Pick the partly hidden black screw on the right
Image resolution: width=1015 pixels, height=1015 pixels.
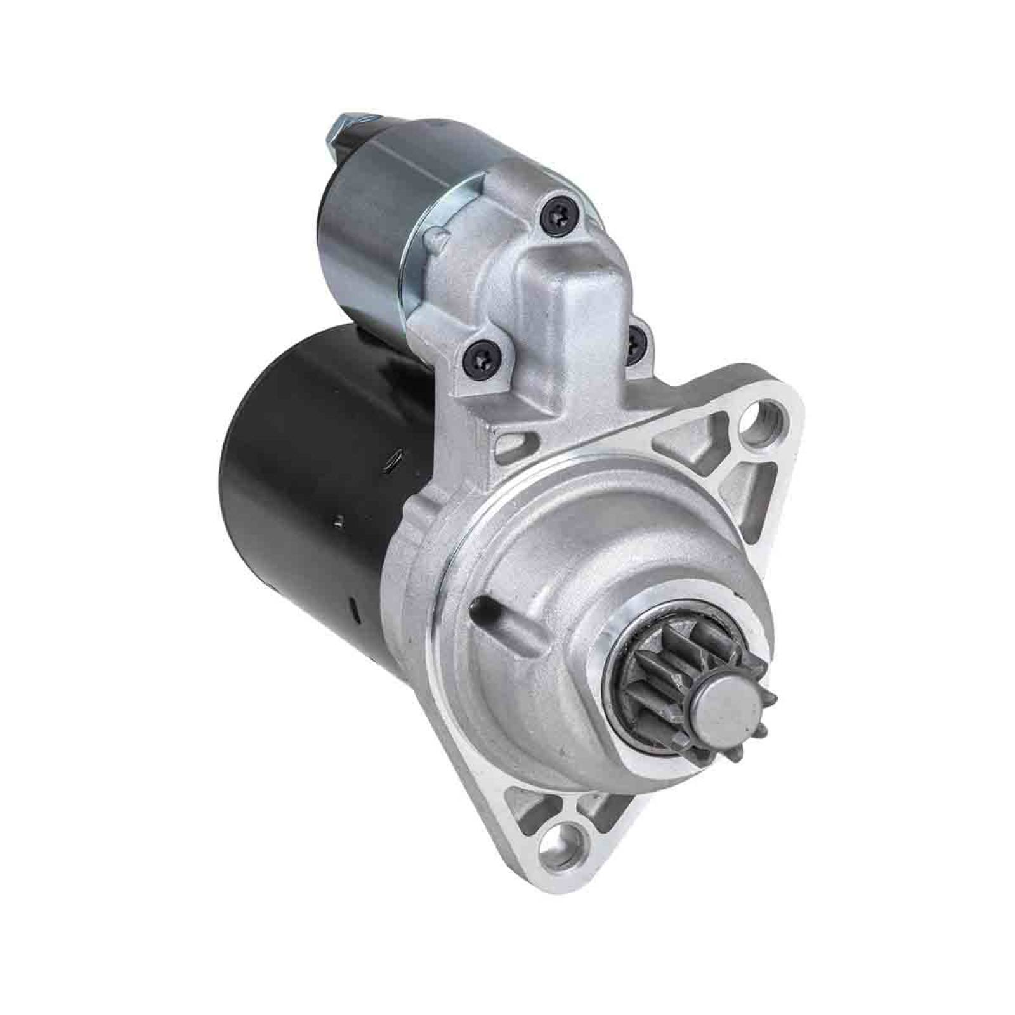point(635,343)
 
